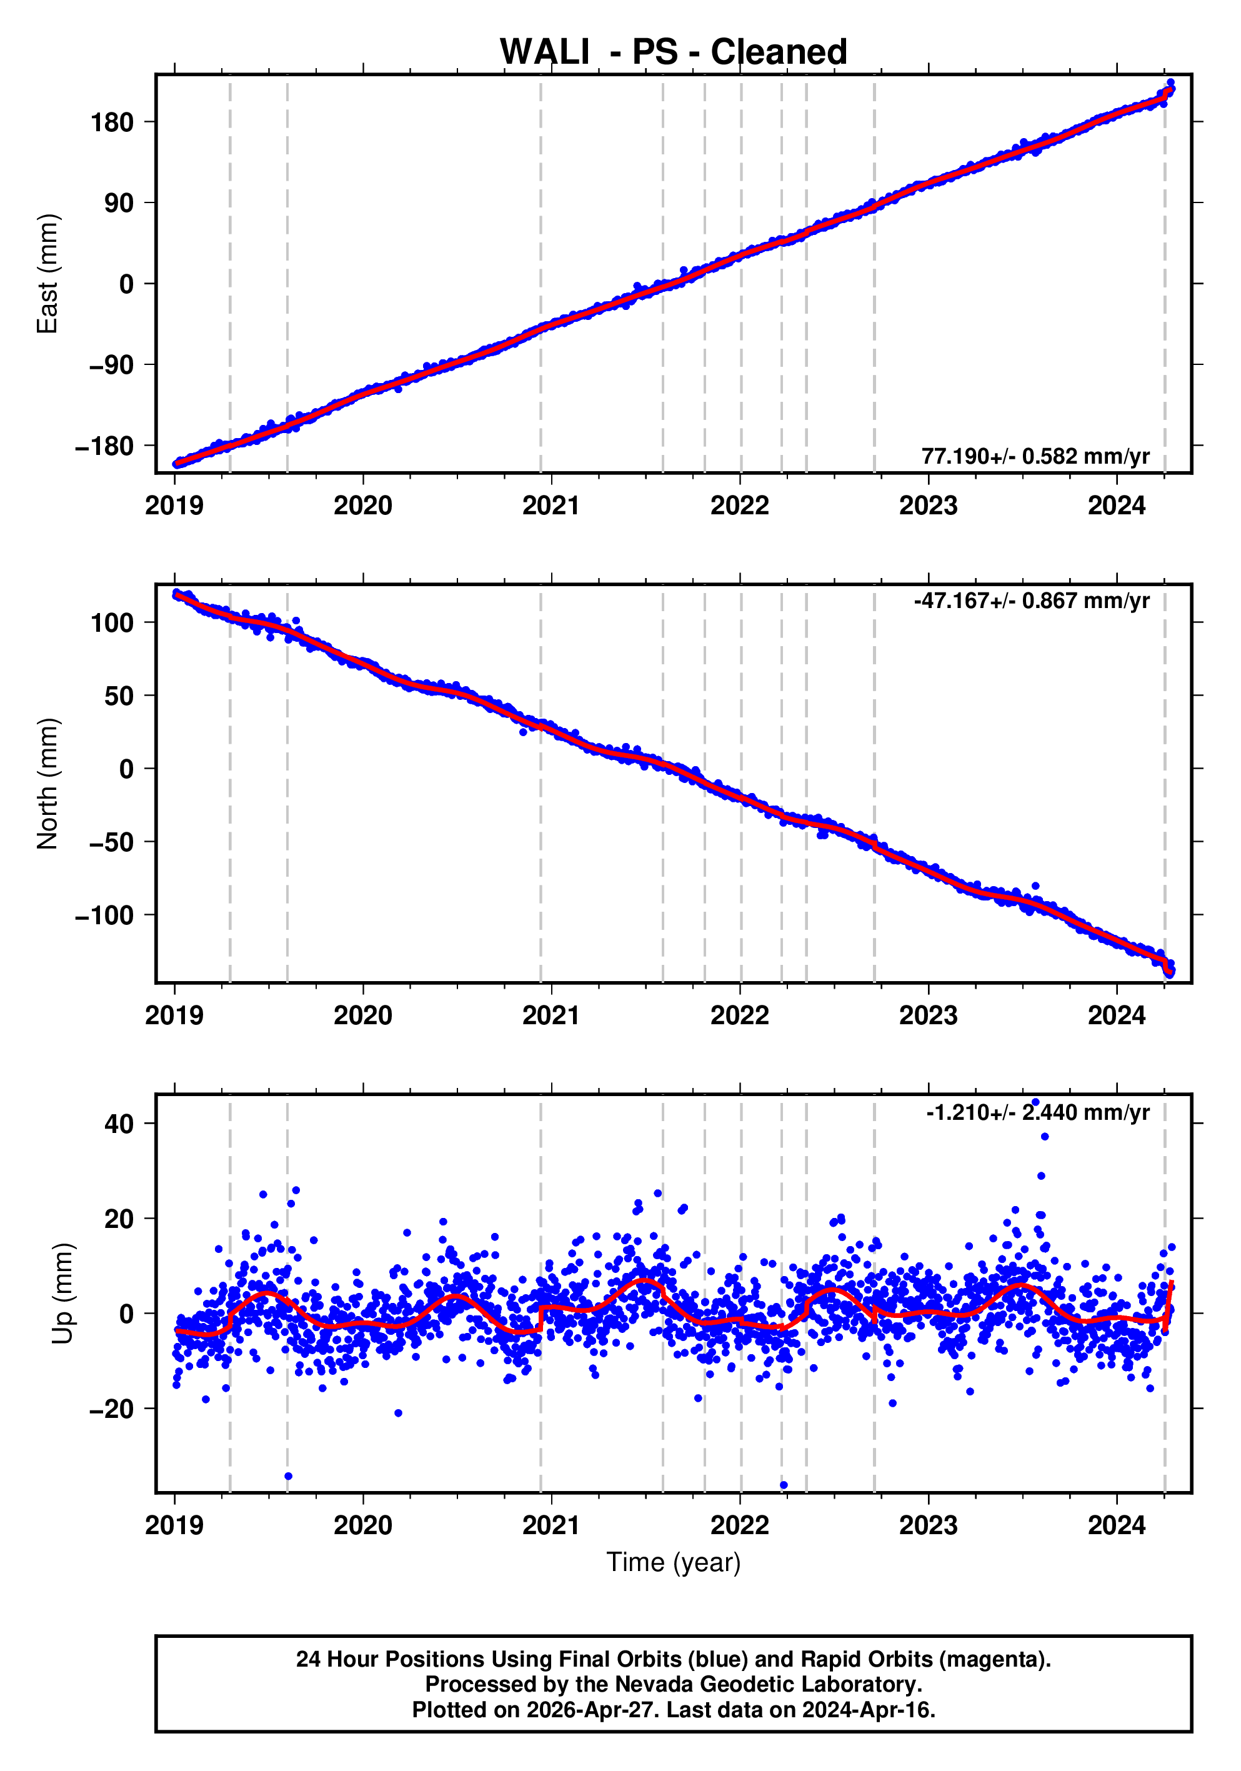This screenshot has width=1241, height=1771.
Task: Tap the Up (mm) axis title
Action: tap(63, 1294)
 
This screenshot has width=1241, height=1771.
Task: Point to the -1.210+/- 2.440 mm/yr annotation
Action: tap(1037, 1112)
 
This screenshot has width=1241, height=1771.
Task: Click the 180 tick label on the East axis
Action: tap(112, 122)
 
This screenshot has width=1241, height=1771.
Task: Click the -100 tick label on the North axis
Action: tap(104, 915)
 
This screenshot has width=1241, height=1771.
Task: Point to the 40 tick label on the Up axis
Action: tap(119, 1124)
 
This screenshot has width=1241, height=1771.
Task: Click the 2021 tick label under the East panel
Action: tap(551, 506)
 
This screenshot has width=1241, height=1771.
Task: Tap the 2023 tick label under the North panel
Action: tap(928, 1016)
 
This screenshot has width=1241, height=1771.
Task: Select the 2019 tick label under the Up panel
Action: tap(174, 1525)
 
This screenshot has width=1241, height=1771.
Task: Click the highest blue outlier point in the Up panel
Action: tap(1035, 1102)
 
